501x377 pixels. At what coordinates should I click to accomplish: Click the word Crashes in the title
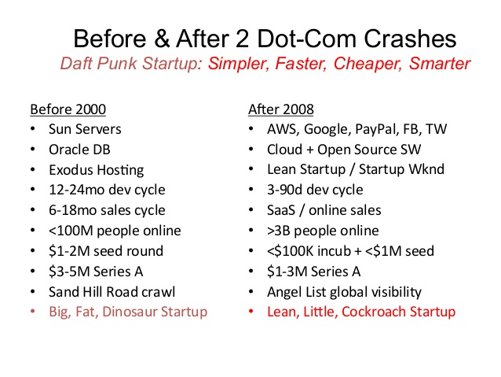click(410, 39)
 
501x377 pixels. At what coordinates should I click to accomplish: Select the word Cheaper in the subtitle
click(368, 64)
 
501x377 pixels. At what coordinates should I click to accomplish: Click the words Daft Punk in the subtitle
click(99, 63)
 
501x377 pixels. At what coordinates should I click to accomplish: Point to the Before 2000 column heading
click(68, 109)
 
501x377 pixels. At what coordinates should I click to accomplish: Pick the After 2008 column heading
click(281, 109)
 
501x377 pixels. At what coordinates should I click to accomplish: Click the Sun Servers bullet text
click(85, 129)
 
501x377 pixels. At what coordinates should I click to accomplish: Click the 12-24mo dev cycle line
click(107, 190)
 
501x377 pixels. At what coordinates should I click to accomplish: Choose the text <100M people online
click(115, 231)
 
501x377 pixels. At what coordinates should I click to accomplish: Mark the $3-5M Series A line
click(96, 272)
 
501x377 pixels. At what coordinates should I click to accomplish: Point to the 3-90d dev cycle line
click(315, 190)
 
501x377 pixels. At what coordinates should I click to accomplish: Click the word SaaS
click(281, 210)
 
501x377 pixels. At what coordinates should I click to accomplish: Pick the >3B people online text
click(323, 231)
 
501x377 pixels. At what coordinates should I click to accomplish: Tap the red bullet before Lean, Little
click(251, 311)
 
